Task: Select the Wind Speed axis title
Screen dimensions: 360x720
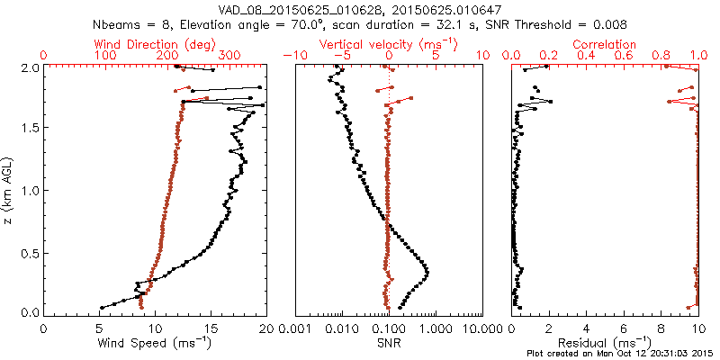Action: point(155,342)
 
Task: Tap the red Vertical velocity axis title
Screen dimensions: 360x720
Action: point(389,44)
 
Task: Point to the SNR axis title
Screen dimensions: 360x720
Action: point(388,342)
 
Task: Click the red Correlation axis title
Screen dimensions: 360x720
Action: point(605,44)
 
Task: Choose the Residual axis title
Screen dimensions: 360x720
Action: point(605,342)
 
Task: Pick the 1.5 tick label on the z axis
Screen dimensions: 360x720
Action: point(31,129)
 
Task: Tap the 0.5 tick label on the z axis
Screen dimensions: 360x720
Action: point(31,252)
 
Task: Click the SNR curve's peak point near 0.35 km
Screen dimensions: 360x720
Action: point(427,272)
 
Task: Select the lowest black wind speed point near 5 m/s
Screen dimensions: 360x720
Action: point(101,306)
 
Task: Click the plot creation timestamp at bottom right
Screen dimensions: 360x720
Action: point(621,354)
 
